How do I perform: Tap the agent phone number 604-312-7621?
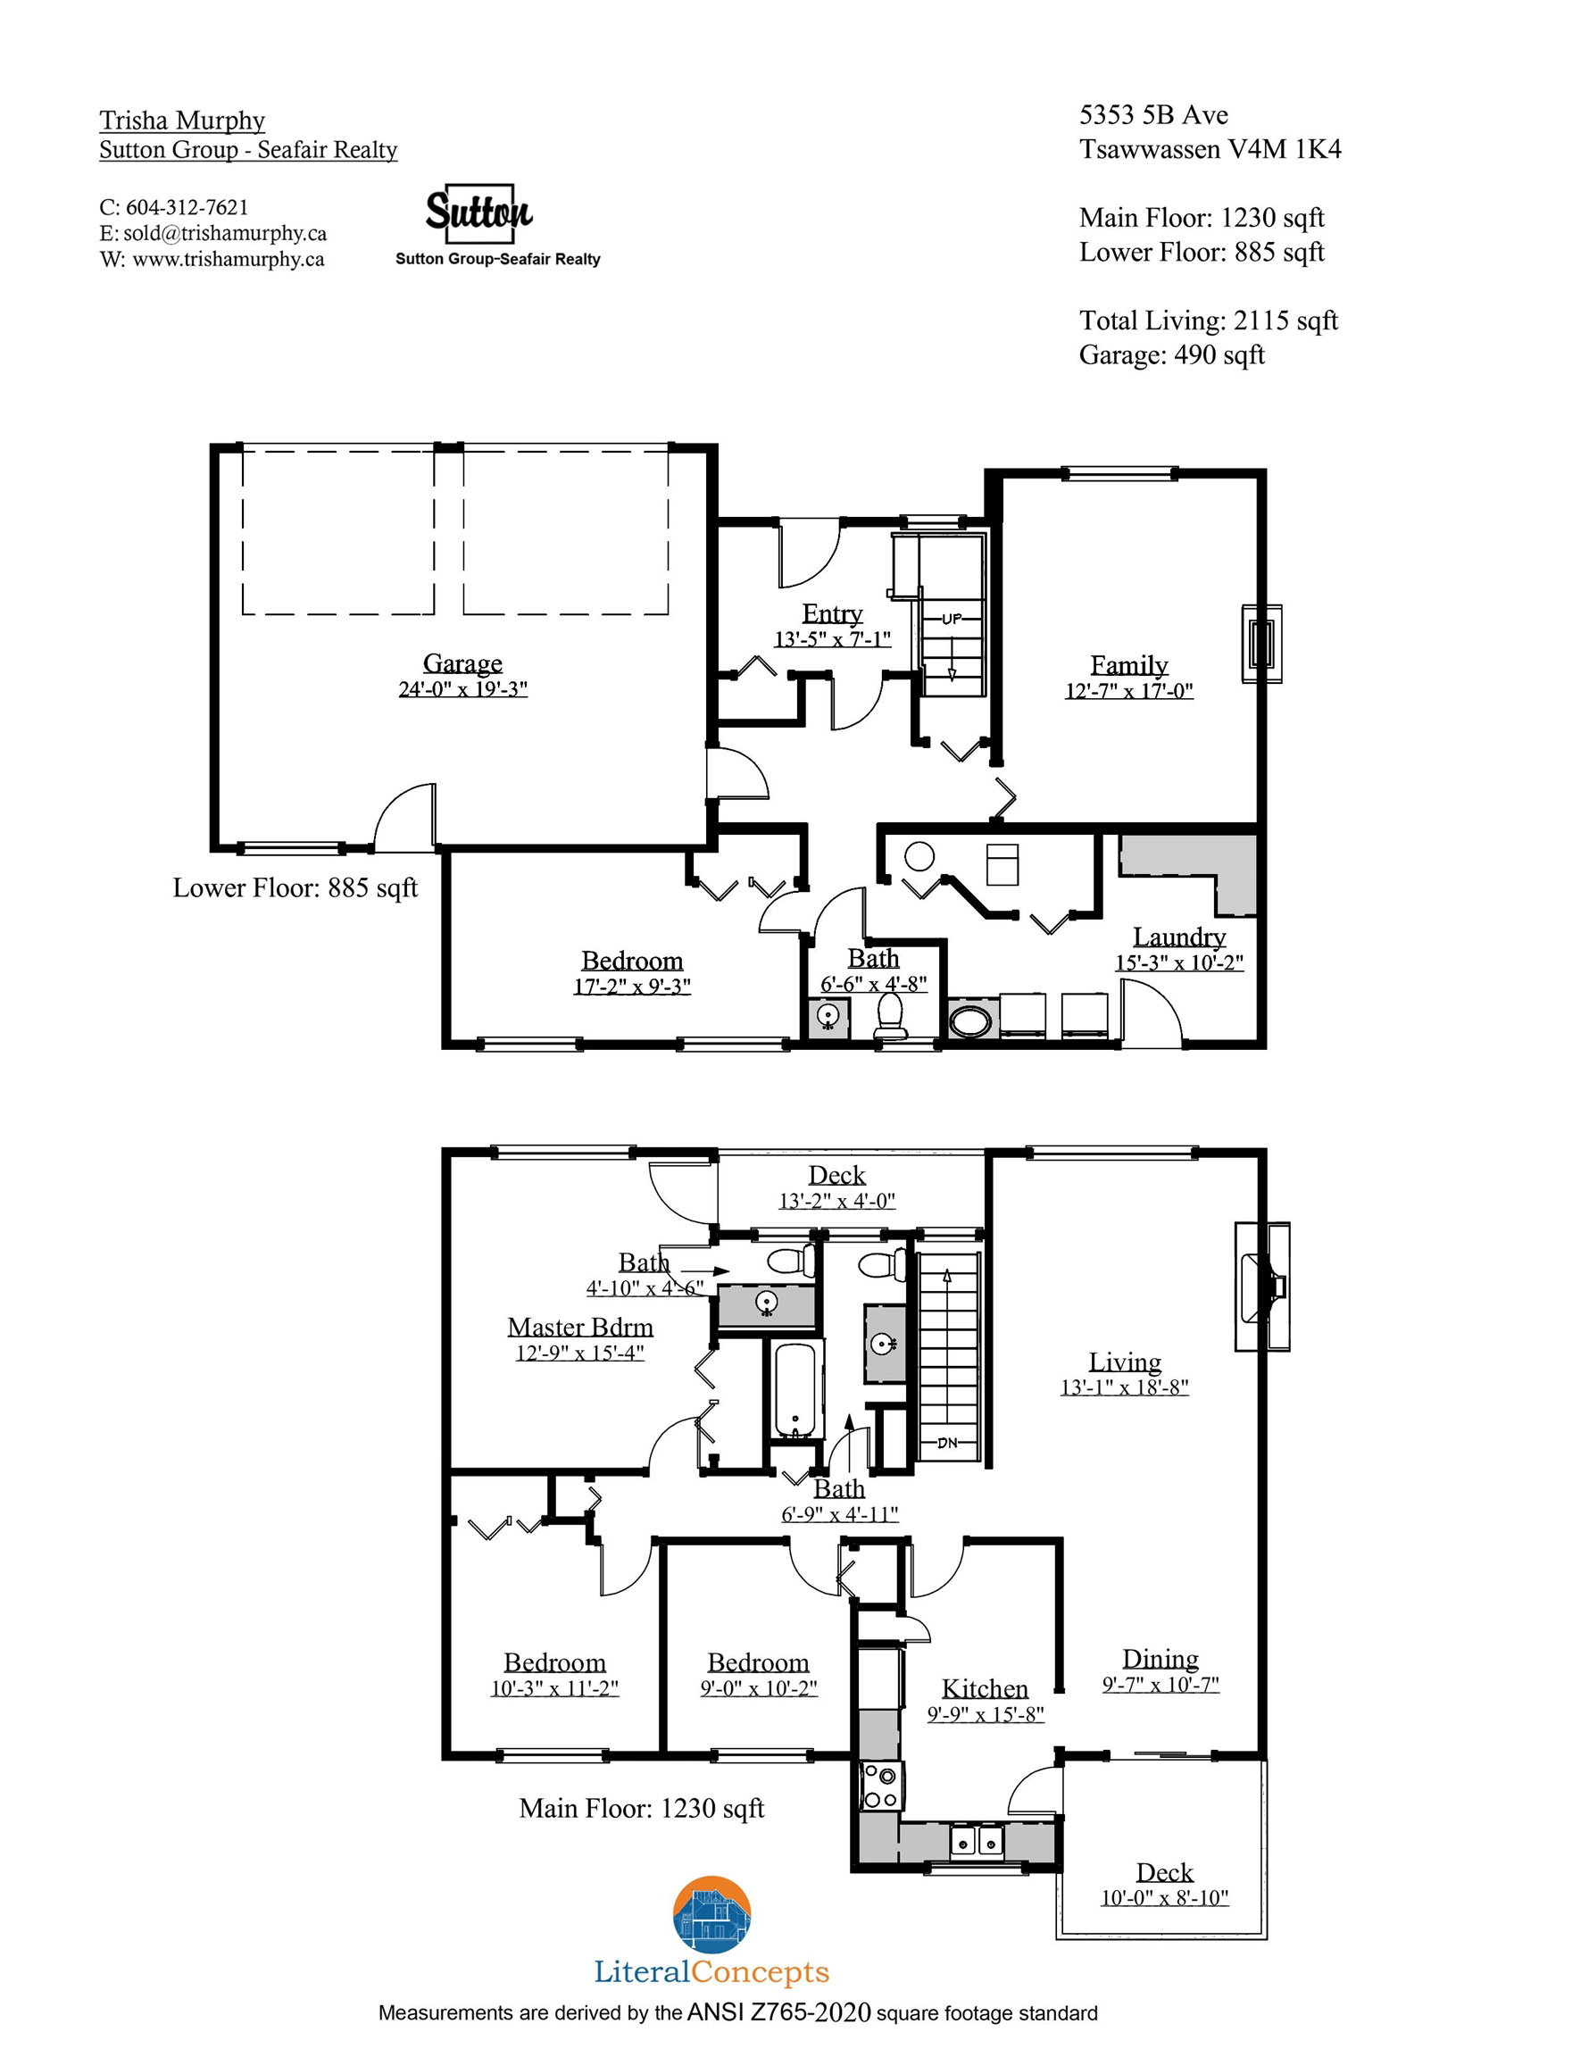tap(187, 207)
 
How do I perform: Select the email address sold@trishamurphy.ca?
tap(225, 234)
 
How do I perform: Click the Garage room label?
tap(462, 663)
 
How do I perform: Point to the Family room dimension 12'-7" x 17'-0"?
tap(1128, 690)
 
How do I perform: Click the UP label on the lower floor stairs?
tap(953, 619)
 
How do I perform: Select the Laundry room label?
tap(1179, 937)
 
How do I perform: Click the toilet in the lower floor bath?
tap(890, 1017)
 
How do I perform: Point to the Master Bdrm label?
tap(580, 1327)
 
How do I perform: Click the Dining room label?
tap(1161, 1659)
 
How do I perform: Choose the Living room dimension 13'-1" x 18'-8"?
tap(1125, 1387)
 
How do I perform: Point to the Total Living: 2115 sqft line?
tap(1209, 321)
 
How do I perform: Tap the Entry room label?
tap(833, 613)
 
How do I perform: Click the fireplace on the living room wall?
tap(1263, 1286)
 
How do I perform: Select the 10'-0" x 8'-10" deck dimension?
tap(1164, 1897)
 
